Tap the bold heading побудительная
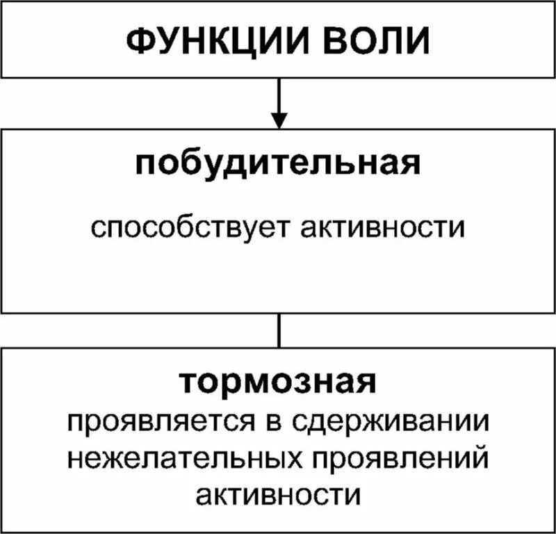pyautogui.click(x=278, y=165)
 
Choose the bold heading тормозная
pyautogui.click(x=278, y=383)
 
